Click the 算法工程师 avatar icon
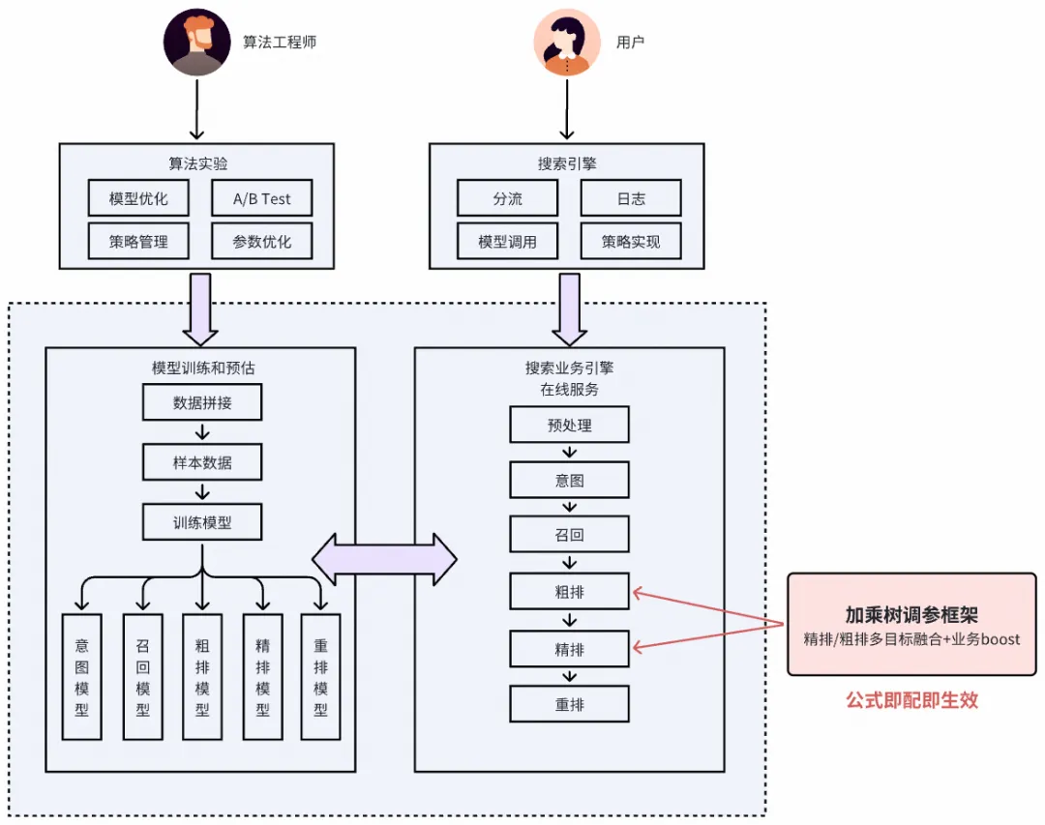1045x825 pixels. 197,43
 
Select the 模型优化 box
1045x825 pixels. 138,198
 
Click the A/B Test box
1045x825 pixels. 261,198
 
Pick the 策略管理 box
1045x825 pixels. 138,241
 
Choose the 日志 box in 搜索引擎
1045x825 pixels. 631,198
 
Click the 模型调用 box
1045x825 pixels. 507,241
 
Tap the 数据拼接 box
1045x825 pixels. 202,402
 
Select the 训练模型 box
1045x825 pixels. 202,523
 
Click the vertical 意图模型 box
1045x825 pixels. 81,676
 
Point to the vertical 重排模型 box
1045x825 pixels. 320,676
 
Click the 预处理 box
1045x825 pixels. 570,425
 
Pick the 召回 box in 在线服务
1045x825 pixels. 570,534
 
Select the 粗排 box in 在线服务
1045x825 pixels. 570,590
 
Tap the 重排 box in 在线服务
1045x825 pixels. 570,704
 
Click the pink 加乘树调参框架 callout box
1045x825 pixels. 911,624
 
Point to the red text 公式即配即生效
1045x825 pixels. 911,700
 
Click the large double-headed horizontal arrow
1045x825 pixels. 384,559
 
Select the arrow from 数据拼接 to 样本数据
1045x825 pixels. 202,431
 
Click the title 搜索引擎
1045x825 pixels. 567,163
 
